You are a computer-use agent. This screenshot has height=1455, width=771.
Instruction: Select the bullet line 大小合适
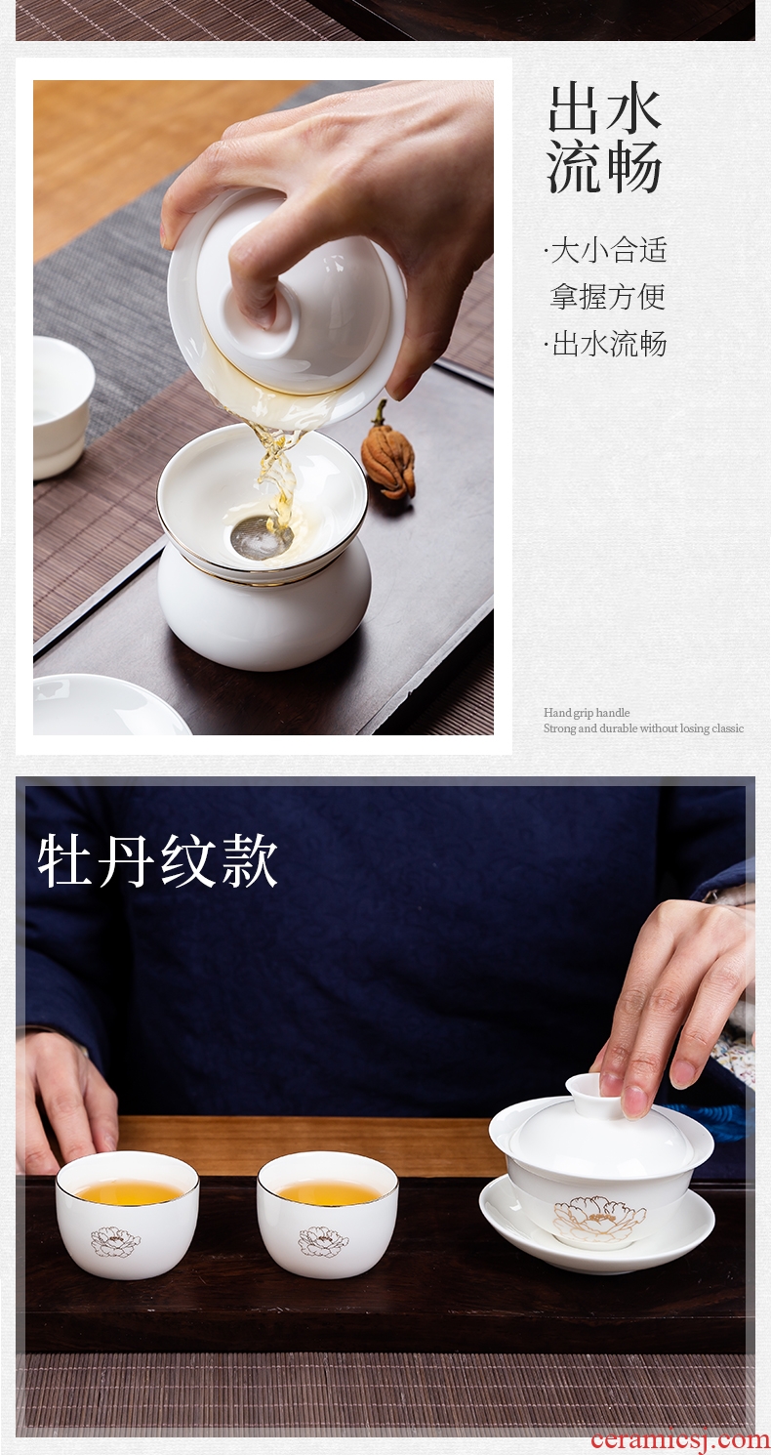pyautogui.click(x=606, y=251)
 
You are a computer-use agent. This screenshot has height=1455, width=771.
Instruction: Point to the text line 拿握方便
pyautogui.click(x=608, y=297)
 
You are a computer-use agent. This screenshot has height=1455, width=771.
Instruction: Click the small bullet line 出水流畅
pyautogui.click(x=606, y=344)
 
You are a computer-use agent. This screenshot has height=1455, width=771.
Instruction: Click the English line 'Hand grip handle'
pyautogui.click(x=587, y=713)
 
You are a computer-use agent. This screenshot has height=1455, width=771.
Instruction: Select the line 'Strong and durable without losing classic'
pyautogui.click(x=644, y=728)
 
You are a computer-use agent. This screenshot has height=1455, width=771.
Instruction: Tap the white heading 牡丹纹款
pyautogui.click(x=158, y=862)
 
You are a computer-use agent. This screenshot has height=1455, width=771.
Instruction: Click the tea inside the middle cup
pyautogui.click(x=328, y=1189)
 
